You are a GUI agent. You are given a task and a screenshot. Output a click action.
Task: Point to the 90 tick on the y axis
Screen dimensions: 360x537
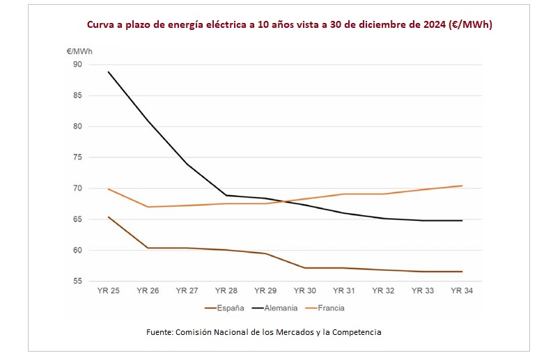[77, 65]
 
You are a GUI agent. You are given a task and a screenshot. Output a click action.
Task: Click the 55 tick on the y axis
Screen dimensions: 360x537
[77, 281]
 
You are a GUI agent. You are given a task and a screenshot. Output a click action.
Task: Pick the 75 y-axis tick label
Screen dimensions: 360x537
[77, 157]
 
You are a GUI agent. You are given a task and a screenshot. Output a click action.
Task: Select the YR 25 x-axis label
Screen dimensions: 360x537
[108, 291]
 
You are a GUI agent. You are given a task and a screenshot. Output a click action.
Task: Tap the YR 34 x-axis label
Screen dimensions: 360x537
[462, 291]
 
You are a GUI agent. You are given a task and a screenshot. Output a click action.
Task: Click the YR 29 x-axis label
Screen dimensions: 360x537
[265, 291]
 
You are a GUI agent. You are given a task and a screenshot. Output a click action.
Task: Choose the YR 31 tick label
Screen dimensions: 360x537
[344, 291]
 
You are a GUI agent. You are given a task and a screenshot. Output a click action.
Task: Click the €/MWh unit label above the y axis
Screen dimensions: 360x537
[79, 51]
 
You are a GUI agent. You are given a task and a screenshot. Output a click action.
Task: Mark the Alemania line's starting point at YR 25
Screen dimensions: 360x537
[108, 72]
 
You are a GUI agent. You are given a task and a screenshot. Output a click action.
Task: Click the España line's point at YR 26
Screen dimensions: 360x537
[148, 248]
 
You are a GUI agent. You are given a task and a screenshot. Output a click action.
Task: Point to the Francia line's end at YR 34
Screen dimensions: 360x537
[462, 186]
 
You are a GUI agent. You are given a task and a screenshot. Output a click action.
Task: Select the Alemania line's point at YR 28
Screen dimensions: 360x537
[226, 195]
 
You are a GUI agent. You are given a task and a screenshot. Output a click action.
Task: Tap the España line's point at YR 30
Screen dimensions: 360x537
[305, 267]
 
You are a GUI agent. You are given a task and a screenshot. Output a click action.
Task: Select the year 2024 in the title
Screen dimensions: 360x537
[432, 24]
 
